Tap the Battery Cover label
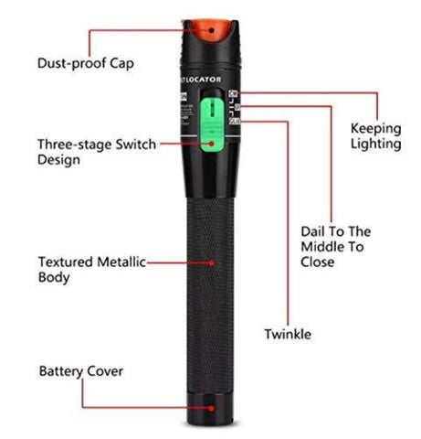point(80,371)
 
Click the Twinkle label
point(287,334)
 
